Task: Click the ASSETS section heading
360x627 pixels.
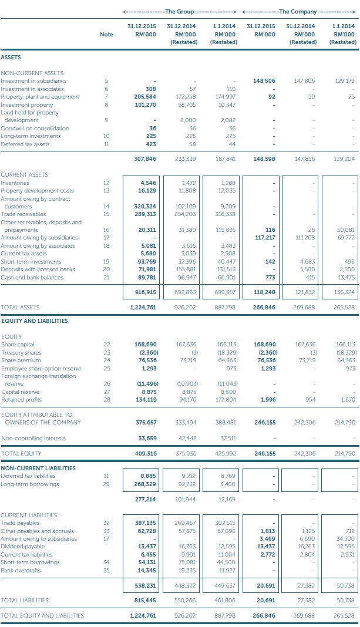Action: pos(11,58)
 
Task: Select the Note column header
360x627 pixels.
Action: pos(106,35)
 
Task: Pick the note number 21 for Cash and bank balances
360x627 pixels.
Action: pos(106,277)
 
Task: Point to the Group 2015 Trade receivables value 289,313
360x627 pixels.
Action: pos(143,214)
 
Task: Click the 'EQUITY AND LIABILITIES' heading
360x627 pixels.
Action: pos(34,321)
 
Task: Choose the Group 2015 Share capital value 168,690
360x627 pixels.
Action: pos(143,344)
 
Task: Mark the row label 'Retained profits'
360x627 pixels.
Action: pos(22,400)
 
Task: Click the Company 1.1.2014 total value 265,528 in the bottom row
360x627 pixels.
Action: pos(343,615)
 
